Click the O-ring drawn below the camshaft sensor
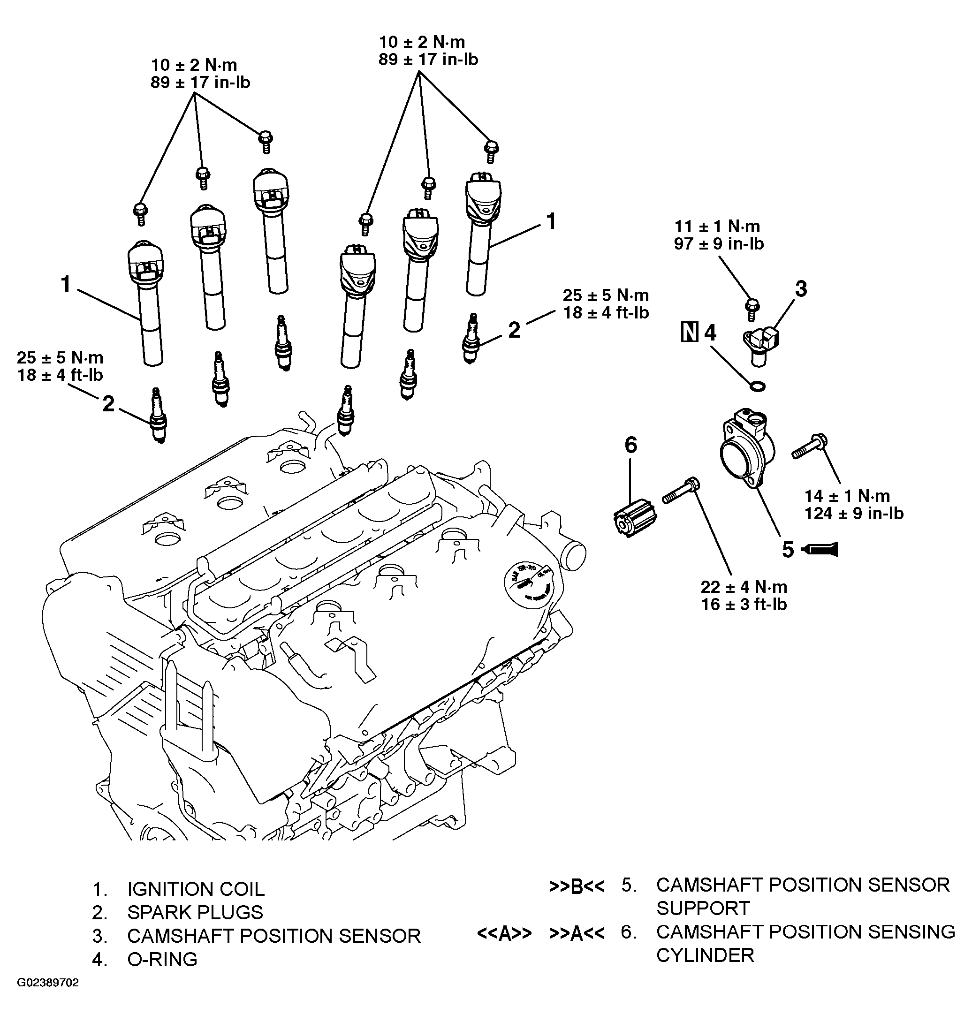[758, 386]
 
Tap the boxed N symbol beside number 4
[689, 333]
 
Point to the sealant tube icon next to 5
[820, 549]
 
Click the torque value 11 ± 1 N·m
[717, 227]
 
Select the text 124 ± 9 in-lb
[854, 513]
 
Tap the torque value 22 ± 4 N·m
[744, 587]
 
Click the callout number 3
[801, 289]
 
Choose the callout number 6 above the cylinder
[631, 445]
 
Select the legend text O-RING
[162, 959]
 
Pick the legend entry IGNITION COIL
[196, 889]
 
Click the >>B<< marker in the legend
[577, 886]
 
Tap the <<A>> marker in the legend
[504, 933]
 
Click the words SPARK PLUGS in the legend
[195, 912]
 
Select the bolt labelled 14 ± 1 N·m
[810, 446]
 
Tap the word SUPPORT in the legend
[703, 908]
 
